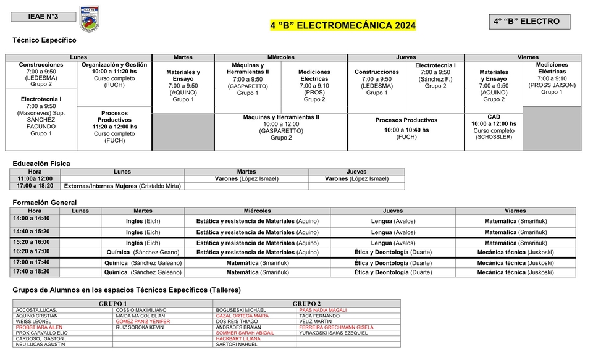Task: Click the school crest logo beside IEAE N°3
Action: pyautogui.click(x=89, y=19)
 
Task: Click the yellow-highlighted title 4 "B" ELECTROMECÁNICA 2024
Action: pyautogui.click(x=343, y=25)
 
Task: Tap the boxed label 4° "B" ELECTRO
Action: pyautogui.click(x=529, y=22)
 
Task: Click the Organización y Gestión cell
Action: pyautogui.click(x=114, y=75)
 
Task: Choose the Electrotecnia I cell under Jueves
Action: pyautogui.click(x=435, y=75)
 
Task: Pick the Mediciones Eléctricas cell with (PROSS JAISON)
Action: pyautogui.click(x=552, y=78)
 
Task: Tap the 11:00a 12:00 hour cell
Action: pyautogui.click(x=35, y=178)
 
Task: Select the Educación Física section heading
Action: pyautogui.click(x=41, y=164)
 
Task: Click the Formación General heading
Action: pyautogui.click(x=44, y=203)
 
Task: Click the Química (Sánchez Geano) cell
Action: pyautogui.click(x=143, y=252)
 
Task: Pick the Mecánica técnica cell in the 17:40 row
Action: pyautogui.click(x=515, y=272)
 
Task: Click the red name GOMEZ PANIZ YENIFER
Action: pyautogui.click(x=142, y=322)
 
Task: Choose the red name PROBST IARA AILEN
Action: pyautogui.click(x=39, y=327)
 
